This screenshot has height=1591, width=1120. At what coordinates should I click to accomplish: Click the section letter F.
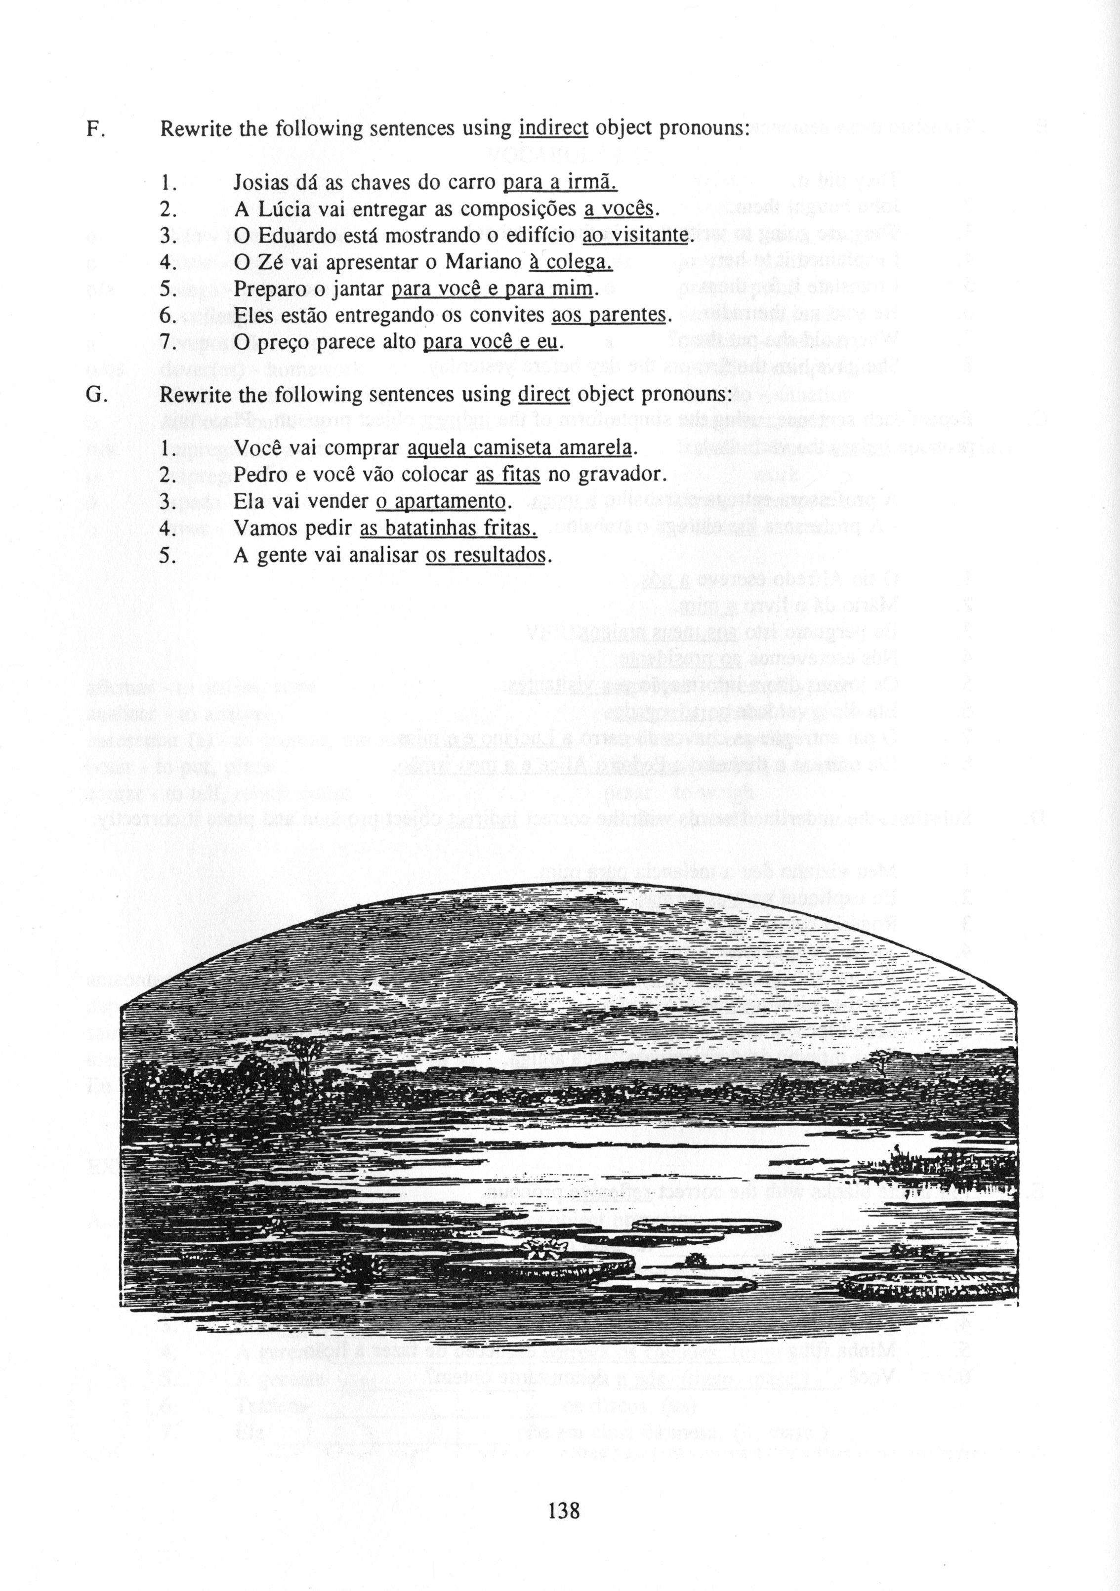point(93,129)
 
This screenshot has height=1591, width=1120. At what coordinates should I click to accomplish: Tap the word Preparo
point(267,289)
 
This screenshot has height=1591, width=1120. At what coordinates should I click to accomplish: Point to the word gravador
point(626,475)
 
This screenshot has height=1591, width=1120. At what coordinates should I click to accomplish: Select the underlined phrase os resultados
point(486,555)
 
